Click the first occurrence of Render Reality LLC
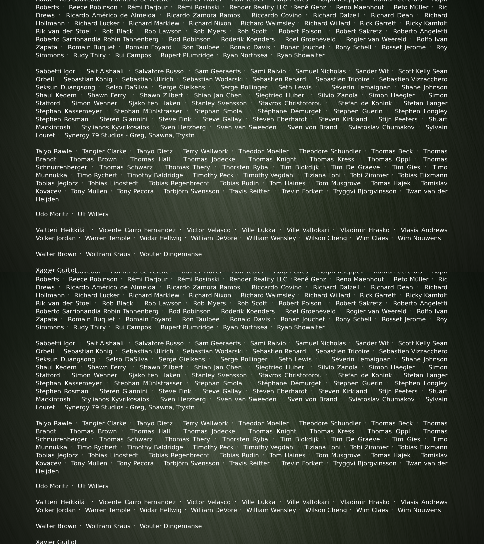tap(258, 7)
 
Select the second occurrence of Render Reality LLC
tap(258, 279)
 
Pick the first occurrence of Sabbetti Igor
tap(55, 71)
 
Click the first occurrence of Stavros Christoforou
tap(290, 103)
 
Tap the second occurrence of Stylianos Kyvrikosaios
tap(115, 399)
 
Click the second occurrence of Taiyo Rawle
tap(54, 423)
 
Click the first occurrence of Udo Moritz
tap(52, 214)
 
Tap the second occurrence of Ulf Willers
tap(93, 486)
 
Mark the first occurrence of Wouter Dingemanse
tap(170, 254)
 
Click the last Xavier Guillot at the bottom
tap(56, 541)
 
